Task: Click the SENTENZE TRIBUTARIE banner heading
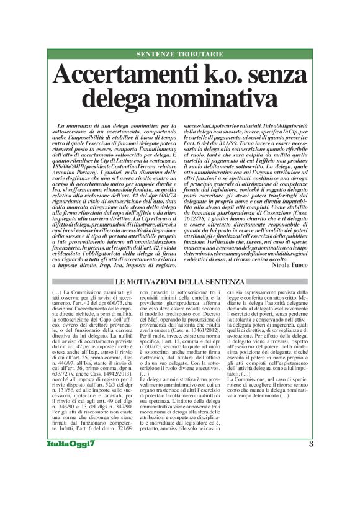[x=179, y=54]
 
